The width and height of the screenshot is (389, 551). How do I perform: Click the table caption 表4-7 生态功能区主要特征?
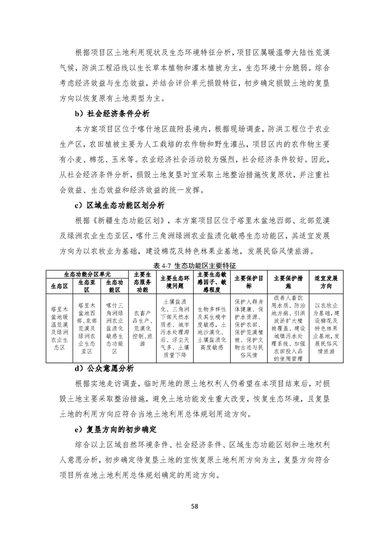tap(195, 264)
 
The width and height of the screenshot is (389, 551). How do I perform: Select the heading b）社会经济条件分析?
tap(112, 114)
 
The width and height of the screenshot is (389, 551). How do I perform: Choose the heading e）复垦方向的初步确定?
tap(115, 429)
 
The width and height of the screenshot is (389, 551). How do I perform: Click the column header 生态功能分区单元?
tap(87, 273)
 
